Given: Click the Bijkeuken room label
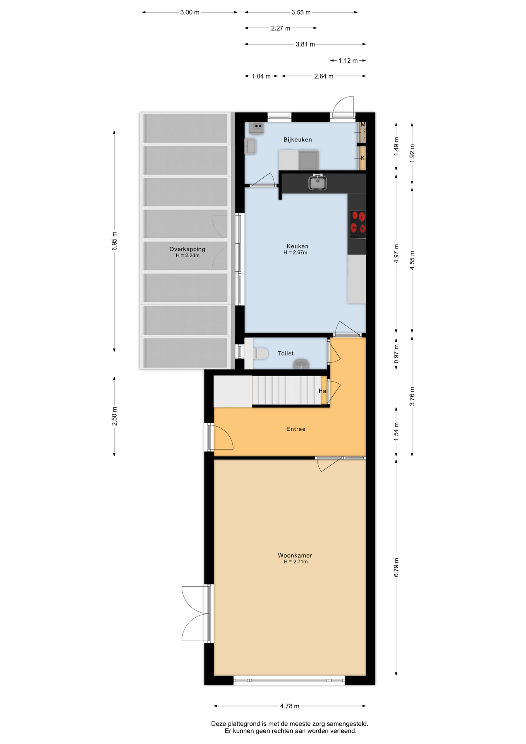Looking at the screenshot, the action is coord(297,140).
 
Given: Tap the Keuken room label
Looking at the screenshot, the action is coord(297,246).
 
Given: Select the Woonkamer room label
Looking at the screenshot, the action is coord(295,555).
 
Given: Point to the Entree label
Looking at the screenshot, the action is coord(296,429).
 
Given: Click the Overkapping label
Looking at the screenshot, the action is coord(187,249).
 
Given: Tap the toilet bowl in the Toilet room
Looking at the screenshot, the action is coord(261,353).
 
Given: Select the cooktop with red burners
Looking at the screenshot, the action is coord(358,225).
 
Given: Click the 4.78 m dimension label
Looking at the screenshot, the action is coord(290,706).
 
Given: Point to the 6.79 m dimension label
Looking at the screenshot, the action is coord(396,567).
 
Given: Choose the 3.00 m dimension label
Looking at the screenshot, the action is coord(190,12).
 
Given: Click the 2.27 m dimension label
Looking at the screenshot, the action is coord(281,28).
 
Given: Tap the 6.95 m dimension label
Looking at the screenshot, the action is coord(114,241).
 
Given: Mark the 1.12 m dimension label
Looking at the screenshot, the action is coord(348,61).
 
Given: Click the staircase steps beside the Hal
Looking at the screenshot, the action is coord(287,390).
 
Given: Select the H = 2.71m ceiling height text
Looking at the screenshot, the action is coord(296,561).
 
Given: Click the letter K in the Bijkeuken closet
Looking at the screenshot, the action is coord(363,158).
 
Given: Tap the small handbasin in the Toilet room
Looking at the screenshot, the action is coord(301,364).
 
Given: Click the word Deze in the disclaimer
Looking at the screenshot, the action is coord(218,723).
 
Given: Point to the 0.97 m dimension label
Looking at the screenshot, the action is coord(396,354).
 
